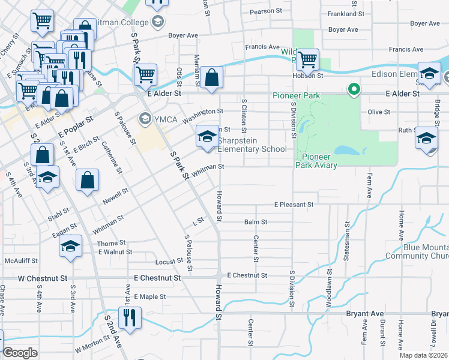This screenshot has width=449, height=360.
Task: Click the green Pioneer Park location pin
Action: [x=354, y=91]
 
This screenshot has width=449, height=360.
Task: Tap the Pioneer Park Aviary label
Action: [x=316, y=161]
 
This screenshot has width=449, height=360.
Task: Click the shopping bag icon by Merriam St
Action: [x=212, y=78]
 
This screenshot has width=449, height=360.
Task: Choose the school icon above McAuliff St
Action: [x=70, y=247]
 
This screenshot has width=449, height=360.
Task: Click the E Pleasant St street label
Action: [x=294, y=205]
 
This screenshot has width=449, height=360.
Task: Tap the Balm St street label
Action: [x=255, y=222]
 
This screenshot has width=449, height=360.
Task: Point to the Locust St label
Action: [x=169, y=262]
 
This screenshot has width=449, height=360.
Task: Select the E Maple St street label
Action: [x=149, y=296]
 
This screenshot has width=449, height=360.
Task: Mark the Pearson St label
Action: [x=266, y=11]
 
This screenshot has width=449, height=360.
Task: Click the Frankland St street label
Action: [x=345, y=13]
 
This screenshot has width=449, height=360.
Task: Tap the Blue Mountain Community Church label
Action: [x=417, y=251]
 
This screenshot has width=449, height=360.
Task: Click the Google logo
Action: [x=20, y=353]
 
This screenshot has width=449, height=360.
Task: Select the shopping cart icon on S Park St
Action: [x=146, y=76]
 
